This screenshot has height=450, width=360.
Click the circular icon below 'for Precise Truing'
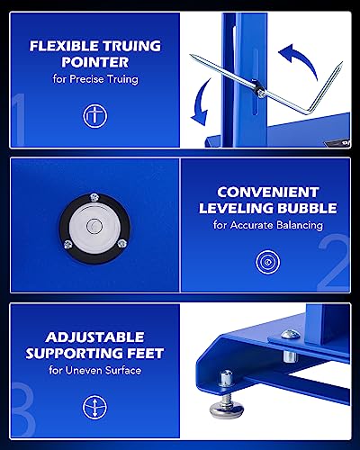tap(93, 115)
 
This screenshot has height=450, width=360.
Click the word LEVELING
tap(233, 208)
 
